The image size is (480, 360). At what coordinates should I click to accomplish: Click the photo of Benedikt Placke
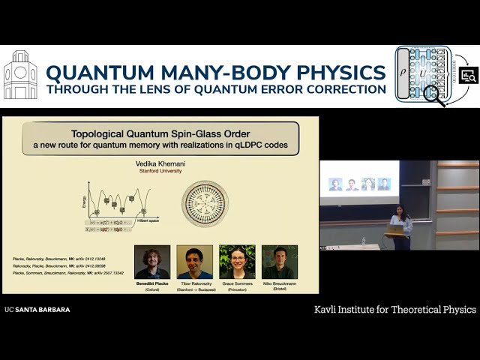click(151, 262)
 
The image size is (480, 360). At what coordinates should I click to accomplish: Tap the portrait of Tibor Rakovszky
click(194, 262)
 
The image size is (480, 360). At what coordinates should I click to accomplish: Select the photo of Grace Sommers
click(237, 262)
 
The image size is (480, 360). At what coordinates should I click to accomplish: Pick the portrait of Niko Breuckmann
click(280, 262)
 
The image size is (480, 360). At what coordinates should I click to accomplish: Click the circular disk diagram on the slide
click(205, 202)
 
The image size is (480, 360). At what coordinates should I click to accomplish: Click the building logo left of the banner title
click(20, 75)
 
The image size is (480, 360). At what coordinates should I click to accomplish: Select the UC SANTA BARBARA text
click(37, 309)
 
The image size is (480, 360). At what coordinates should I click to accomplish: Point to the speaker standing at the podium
click(401, 225)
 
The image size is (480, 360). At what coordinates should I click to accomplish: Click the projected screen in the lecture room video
click(360, 182)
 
